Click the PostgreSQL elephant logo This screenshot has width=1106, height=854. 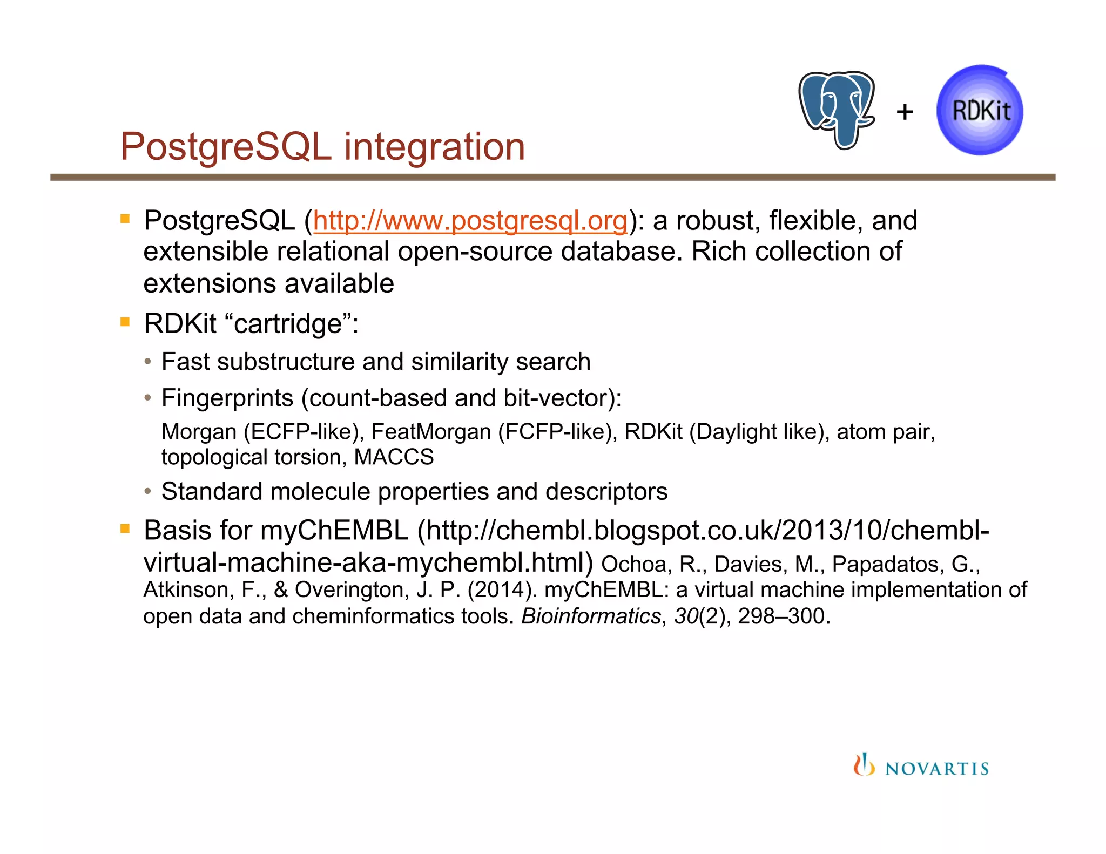[837, 110]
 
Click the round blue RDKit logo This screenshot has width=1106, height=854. [980, 111]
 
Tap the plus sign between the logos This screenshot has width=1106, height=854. [905, 112]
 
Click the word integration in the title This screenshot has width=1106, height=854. [434, 147]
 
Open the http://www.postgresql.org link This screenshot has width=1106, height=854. [470, 221]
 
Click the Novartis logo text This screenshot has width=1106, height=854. [937, 768]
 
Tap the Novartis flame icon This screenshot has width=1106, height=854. [864, 765]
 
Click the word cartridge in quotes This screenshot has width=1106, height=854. [288, 324]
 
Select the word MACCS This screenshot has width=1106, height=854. [394, 457]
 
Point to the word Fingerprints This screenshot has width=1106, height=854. [227, 398]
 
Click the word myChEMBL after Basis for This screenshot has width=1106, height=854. [334, 531]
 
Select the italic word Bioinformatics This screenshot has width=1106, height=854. [590, 616]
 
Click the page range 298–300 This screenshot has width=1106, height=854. [783, 616]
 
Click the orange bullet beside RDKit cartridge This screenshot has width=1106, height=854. [125, 323]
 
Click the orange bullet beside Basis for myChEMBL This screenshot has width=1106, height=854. [125, 528]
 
